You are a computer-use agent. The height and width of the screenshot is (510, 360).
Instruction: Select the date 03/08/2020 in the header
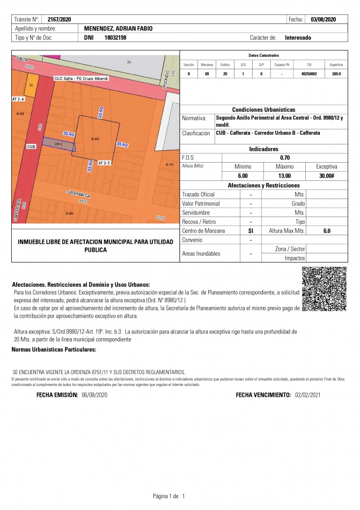pos(323,19)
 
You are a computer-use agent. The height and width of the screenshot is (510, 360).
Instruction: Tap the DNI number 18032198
pos(115,38)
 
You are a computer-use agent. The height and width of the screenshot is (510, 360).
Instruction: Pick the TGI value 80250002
pos(309,74)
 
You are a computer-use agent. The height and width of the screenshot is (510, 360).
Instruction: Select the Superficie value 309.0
pos(336,74)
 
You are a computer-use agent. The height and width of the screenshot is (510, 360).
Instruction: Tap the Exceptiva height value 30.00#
pos(326,176)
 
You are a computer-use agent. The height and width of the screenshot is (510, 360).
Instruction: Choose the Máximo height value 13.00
pos(284,176)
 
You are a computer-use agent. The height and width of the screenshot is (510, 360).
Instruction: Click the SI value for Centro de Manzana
pos(251,230)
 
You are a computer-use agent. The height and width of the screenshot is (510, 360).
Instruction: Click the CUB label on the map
pos(30,146)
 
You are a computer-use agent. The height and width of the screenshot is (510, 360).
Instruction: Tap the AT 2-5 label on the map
pos(104,162)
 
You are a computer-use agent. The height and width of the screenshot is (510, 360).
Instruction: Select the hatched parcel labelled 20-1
pos(59,143)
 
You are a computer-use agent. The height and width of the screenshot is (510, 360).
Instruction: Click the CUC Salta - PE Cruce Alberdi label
pos(81,78)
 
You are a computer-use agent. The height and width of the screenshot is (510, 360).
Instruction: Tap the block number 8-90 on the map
pos(69,214)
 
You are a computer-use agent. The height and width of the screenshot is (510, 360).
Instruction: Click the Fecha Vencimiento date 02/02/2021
pos(307,395)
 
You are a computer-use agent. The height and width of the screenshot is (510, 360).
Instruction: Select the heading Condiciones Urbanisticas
pos(263,109)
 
